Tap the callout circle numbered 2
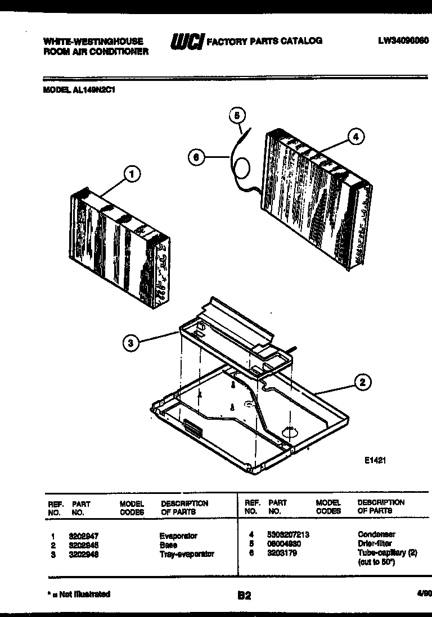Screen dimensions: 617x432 363,383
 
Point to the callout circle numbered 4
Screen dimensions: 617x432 355,136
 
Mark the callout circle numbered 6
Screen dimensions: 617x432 195,158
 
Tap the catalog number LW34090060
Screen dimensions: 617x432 403,40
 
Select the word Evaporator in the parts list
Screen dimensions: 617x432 178,536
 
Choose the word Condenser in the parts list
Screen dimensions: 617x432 376,534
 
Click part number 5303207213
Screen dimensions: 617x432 289,534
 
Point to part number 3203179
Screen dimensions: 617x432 282,553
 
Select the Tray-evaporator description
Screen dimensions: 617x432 187,554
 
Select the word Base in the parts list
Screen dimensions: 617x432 168,545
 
